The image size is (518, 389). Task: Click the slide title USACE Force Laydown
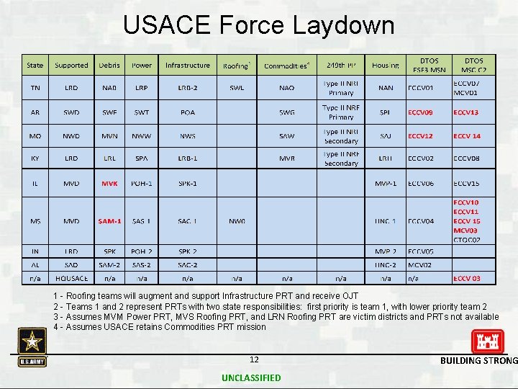tap(258, 25)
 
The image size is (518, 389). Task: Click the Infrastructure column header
tap(187, 66)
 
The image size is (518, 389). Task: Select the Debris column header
tap(109, 66)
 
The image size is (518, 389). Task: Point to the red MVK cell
tap(109, 184)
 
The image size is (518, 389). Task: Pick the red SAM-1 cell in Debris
tap(109, 221)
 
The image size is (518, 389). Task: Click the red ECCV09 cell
tap(420, 112)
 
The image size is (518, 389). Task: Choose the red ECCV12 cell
tap(420, 136)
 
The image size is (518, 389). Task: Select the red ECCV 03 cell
tap(466, 278)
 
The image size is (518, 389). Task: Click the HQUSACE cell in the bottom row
tap(71, 278)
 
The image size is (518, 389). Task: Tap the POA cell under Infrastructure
tap(187, 112)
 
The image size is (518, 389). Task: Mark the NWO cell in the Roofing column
tap(237, 221)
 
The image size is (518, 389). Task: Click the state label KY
tap(35, 159)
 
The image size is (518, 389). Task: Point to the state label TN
tap(35, 89)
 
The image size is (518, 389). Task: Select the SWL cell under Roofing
tap(237, 89)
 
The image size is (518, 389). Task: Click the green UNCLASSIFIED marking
tap(252, 378)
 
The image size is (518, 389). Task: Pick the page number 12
tap(253, 359)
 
